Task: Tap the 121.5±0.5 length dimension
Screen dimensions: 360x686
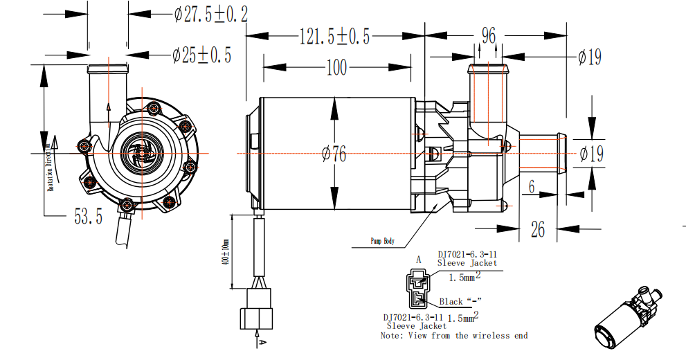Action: tap(334, 35)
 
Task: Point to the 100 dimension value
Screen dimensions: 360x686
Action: tap(336, 67)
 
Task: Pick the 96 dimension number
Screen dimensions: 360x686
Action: tap(489, 35)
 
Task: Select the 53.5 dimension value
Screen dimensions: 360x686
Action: tap(88, 217)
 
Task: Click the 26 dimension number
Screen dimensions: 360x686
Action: tap(538, 228)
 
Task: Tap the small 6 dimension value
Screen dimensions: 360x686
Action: tap(532, 186)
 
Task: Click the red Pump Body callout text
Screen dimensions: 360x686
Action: tap(382, 242)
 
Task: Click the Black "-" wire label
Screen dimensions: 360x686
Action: tap(460, 302)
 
